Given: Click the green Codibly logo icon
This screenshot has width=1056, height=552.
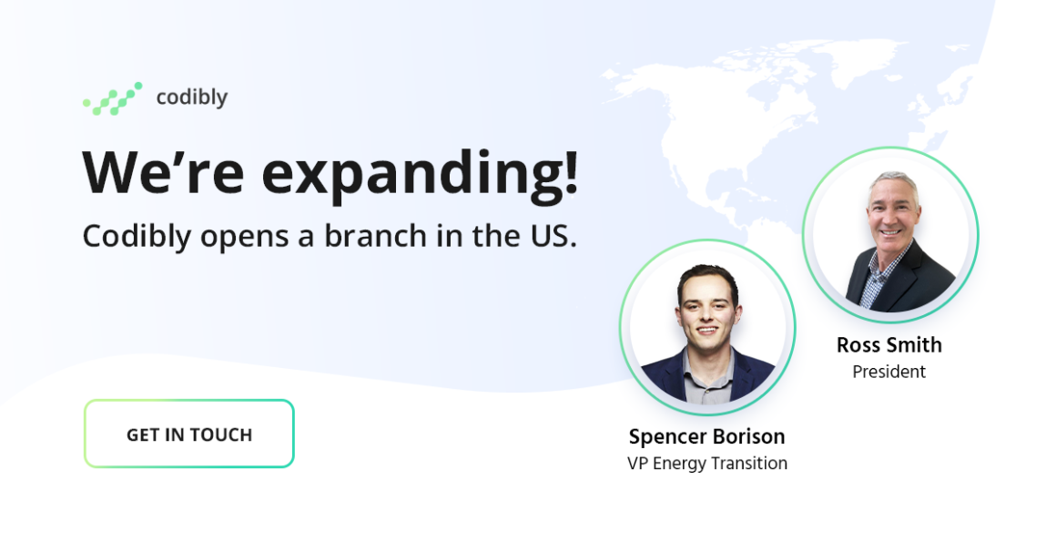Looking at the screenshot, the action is (113, 98).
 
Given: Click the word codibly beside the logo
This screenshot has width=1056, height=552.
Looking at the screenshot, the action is (192, 97).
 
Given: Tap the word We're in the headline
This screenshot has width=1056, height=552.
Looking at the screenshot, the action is (163, 172).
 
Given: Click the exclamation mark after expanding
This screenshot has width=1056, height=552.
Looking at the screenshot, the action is (571, 172).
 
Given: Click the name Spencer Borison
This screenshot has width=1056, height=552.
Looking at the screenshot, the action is (707, 436).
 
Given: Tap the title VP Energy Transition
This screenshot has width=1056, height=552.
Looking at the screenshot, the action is (707, 464).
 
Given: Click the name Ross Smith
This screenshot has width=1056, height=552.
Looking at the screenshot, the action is (889, 345).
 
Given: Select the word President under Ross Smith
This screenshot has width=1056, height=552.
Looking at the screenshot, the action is (889, 372).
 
